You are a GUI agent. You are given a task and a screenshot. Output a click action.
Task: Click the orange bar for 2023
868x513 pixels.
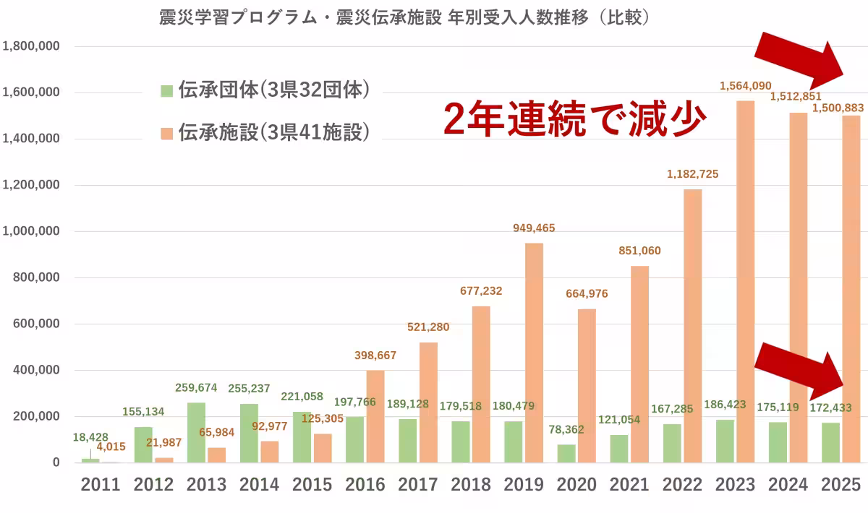coord(745,282)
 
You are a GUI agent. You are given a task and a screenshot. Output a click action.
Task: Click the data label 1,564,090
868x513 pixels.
coord(745,86)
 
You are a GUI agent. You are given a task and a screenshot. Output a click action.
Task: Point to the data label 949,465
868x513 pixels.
coord(534,228)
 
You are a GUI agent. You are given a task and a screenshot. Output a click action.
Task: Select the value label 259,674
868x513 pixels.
coord(196,388)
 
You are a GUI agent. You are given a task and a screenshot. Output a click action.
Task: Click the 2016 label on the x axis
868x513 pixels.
coord(365,484)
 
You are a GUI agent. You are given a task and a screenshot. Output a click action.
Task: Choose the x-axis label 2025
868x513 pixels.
coord(841,484)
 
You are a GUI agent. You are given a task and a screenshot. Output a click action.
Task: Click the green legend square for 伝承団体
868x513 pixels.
coord(166,90)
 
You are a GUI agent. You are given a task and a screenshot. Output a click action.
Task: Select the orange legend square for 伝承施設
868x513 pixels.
coord(166,132)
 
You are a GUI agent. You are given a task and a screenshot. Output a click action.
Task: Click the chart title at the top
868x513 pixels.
coord(404,17)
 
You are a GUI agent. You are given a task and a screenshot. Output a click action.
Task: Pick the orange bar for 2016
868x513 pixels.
coord(375,416)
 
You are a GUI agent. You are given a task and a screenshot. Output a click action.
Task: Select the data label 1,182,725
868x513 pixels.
coord(692,174)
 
